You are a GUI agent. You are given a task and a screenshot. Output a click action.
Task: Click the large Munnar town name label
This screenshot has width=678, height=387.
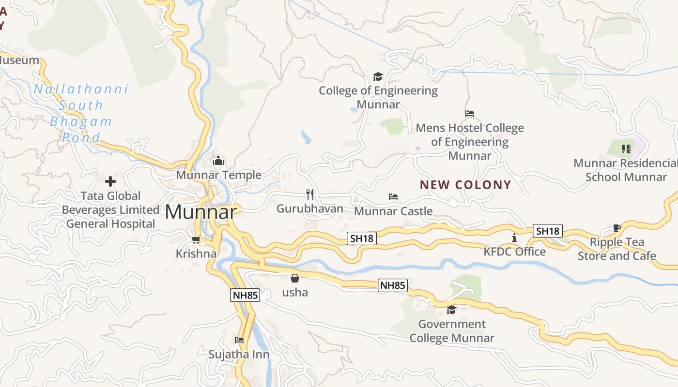pos(201,212)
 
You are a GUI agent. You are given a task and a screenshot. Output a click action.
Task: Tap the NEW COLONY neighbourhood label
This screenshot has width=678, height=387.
pos(465,185)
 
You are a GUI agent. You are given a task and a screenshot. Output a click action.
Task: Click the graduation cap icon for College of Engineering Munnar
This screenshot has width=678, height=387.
pos(378,76)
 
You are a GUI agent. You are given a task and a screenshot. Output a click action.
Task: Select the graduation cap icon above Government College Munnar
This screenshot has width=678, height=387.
pos(451,310)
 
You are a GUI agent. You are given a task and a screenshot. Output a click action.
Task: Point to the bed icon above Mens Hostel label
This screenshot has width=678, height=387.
pos(469,114)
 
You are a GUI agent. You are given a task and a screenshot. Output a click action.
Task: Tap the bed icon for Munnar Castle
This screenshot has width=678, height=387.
pos(393,197)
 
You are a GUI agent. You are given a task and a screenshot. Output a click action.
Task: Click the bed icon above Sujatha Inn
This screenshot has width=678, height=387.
pos(239,340)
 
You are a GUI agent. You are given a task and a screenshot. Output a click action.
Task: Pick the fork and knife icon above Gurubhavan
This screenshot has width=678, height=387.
pos(310,194)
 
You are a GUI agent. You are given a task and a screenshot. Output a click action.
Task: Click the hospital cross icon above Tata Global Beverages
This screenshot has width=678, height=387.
pos(110,182)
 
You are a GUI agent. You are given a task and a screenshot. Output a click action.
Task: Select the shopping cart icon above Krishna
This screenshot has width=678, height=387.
pos(196,239)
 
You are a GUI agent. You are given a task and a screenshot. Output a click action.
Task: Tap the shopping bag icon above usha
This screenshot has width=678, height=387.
pos(294,278)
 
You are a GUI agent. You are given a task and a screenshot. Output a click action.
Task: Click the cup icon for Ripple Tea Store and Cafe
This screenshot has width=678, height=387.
pos(616,228)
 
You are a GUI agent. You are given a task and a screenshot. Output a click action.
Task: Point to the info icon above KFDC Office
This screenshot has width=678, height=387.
pos(514,238)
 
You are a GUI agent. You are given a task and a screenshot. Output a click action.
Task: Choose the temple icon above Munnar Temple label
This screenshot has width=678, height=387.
pos(218,161)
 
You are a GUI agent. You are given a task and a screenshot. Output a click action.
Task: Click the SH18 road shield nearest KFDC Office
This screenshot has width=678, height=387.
pos(548,231)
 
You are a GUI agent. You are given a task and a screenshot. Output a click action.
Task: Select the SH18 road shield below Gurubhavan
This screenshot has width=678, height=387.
pos(362,238)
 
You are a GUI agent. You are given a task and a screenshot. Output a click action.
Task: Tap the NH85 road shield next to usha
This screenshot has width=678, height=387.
pos(392,285)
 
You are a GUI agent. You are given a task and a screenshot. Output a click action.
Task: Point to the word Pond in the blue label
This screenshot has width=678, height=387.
pos(81,137)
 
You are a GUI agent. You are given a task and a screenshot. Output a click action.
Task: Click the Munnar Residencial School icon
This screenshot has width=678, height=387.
pos(626,149)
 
